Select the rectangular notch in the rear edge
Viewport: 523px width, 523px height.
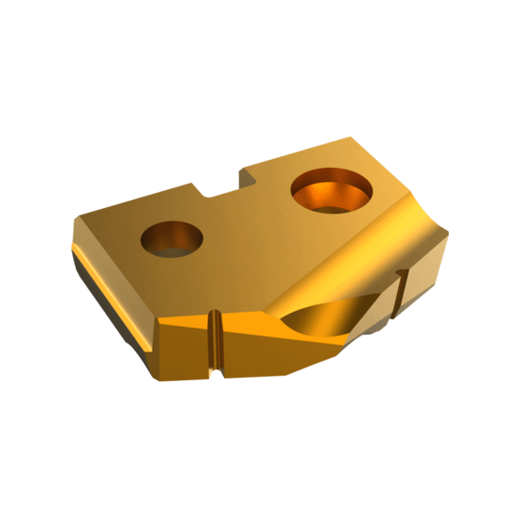[223, 183]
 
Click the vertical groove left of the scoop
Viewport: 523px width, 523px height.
[214, 341]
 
